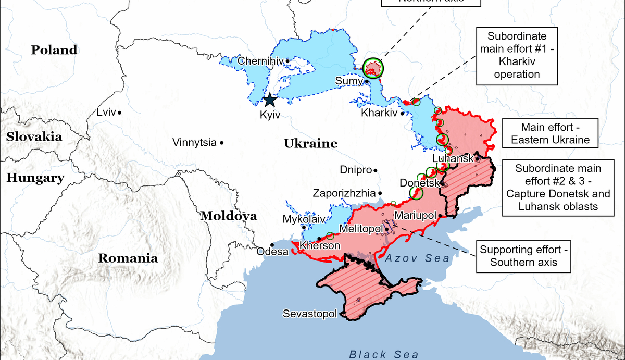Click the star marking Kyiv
270,100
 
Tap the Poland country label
54,50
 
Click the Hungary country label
35,178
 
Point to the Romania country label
128,258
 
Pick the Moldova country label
229,216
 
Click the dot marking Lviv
120,113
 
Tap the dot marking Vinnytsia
222,142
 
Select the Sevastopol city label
309,314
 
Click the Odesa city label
272,252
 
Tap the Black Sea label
384,355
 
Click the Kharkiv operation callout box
517,56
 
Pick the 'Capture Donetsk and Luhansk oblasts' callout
558,188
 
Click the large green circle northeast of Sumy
372,67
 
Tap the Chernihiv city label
260,61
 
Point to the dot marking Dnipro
376,170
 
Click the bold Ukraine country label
310,144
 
